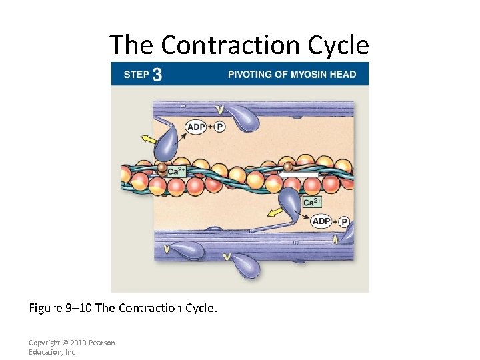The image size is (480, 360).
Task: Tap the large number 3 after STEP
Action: [x=157, y=74]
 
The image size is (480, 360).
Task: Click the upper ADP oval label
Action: [x=196, y=127]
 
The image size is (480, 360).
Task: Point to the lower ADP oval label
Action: [x=321, y=221]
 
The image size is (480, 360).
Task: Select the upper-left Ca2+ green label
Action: [x=177, y=171]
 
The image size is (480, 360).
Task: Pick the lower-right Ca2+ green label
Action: [x=312, y=202]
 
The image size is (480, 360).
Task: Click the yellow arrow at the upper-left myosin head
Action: [x=148, y=139]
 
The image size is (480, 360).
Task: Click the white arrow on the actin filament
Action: [x=298, y=172]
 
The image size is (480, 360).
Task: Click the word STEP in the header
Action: [x=136, y=75]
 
